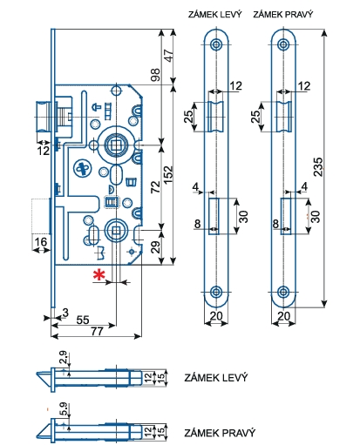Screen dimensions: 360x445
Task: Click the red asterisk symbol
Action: [x=98, y=274]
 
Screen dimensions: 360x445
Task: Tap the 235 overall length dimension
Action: [x=319, y=166]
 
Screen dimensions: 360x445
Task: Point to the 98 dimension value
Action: [x=155, y=75]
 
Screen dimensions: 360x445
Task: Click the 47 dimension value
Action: [x=168, y=56]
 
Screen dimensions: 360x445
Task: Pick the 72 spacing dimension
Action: [x=155, y=186]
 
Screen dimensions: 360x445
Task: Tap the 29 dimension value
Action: [x=156, y=247]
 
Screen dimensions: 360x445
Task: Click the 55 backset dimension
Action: [x=83, y=320]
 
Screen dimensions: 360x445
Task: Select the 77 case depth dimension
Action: [x=97, y=331]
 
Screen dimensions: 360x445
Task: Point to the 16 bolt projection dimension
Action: [x=40, y=241]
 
